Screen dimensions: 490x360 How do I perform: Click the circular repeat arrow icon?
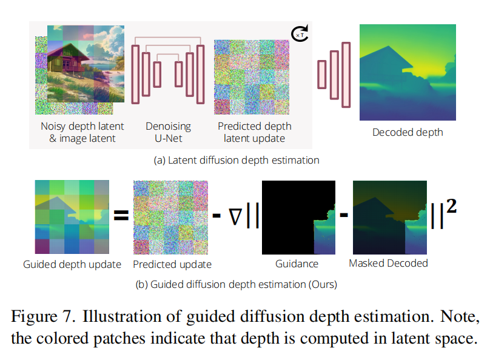pyautogui.click(x=301, y=34)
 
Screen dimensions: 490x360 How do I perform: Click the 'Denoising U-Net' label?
pyautogui.click(x=168, y=132)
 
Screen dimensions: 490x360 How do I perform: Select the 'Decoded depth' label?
pyautogui.click(x=408, y=132)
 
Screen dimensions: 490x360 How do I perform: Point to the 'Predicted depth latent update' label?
pyautogui.click(x=255, y=132)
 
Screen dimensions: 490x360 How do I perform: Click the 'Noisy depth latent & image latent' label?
pyautogui.click(x=82, y=132)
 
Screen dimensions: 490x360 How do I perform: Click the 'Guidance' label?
pyautogui.click(x=297, y=264)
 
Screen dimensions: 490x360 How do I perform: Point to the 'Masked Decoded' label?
pyautogui.click(x=388, y=263)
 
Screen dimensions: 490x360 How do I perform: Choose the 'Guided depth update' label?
pyautogui.click(x=72, y=264)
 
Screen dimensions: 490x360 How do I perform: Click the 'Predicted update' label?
pyautogui.click(x=172, y=264)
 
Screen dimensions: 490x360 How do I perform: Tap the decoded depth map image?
pyautogui.click(x=408, y=72)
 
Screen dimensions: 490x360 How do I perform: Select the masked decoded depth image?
pyautogui.click(x=388, y=217)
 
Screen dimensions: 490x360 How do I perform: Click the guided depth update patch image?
pyautogui.click(x=72, y=218)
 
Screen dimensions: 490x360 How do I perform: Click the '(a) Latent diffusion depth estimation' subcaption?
pyautogui.click(x=237, y=161)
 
